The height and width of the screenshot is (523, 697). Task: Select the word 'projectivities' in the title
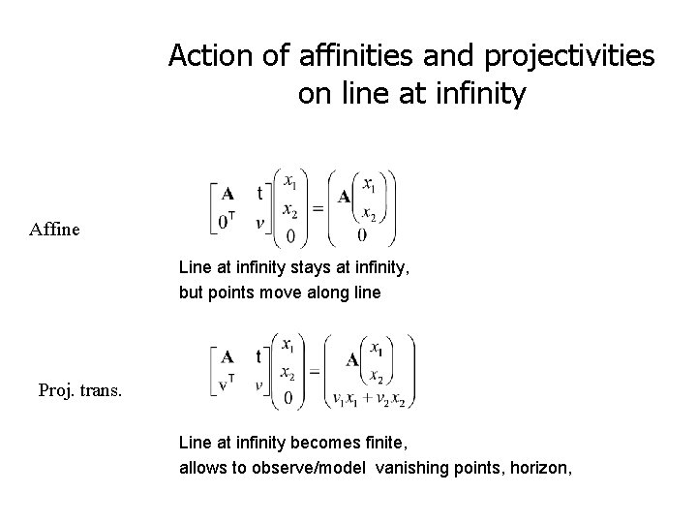[546, 56]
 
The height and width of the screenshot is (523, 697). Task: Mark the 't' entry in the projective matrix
[258, 354]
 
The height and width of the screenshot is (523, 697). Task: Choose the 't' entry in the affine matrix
[258, 193]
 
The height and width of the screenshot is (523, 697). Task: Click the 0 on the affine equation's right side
[362, 234]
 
